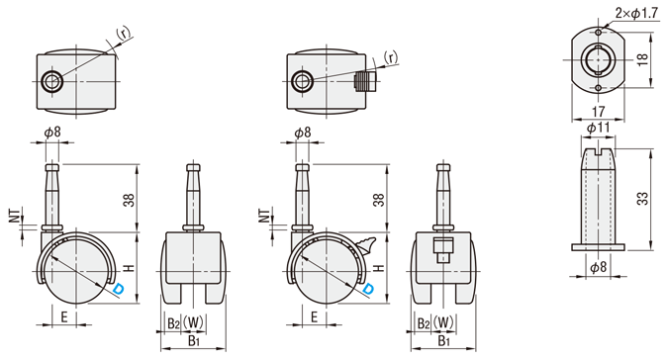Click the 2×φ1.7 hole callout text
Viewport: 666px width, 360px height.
pyautogui.click(x=636, y=14)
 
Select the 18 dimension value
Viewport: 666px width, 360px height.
pyautogui.click(x=642, y=59)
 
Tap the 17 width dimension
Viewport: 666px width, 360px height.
pyautogui.click(x=598, y=112)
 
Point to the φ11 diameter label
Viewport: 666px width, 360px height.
pyautogui.click(x=598, y=128)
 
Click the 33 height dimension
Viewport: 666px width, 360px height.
pyautogui.click(x=644, y=199)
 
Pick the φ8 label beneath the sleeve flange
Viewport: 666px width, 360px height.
pyautogui.click(x=598, y=267)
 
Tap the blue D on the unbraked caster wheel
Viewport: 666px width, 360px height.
pyautogui.click(x=120, y=289)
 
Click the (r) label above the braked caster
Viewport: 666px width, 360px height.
pyautogui.click(x=391, y=57)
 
